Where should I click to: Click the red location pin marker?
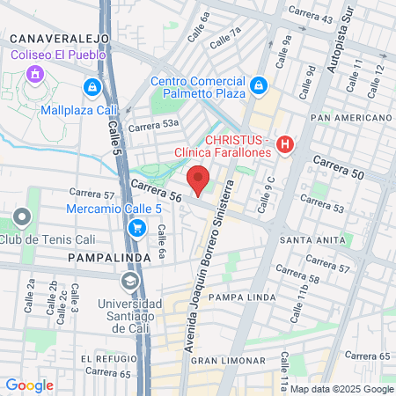tap(199, 180)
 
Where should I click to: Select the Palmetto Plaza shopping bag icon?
tap(258, 85)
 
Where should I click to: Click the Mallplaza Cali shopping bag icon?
tap(92, 88)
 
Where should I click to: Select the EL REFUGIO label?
tap(109, 359)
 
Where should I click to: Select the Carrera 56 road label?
tap(156, 192)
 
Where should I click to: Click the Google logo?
tap(29, 385)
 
